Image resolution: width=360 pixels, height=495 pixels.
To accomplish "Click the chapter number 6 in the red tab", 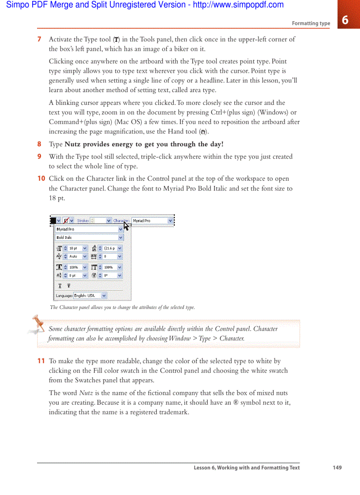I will pos(345,20).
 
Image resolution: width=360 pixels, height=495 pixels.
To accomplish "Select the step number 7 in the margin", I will pos(39,39).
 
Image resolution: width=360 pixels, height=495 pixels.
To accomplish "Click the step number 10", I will pos(41,179).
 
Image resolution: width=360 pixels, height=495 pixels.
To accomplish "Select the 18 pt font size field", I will pos(75,248).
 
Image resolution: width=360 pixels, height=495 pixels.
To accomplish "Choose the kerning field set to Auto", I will pos(75,256).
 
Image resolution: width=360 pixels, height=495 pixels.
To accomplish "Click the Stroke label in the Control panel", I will pos(83,220).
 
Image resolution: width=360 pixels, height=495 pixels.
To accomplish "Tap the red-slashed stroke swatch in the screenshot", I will pos(67,220).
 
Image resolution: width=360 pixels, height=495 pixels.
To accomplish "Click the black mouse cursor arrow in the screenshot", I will pos(126,226).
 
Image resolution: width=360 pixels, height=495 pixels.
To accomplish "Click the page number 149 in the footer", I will pos(337,468).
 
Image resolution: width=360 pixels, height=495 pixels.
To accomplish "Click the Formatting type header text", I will pos(311,23).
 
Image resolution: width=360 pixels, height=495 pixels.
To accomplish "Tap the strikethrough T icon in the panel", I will pos(68,286).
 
